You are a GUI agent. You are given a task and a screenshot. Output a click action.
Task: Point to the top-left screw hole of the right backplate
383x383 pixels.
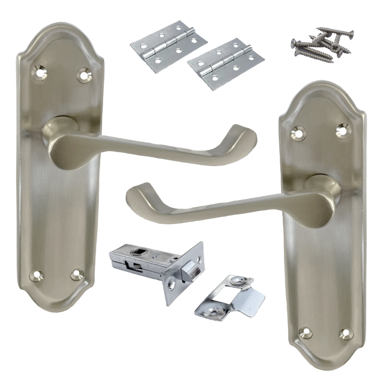(299, 133)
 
